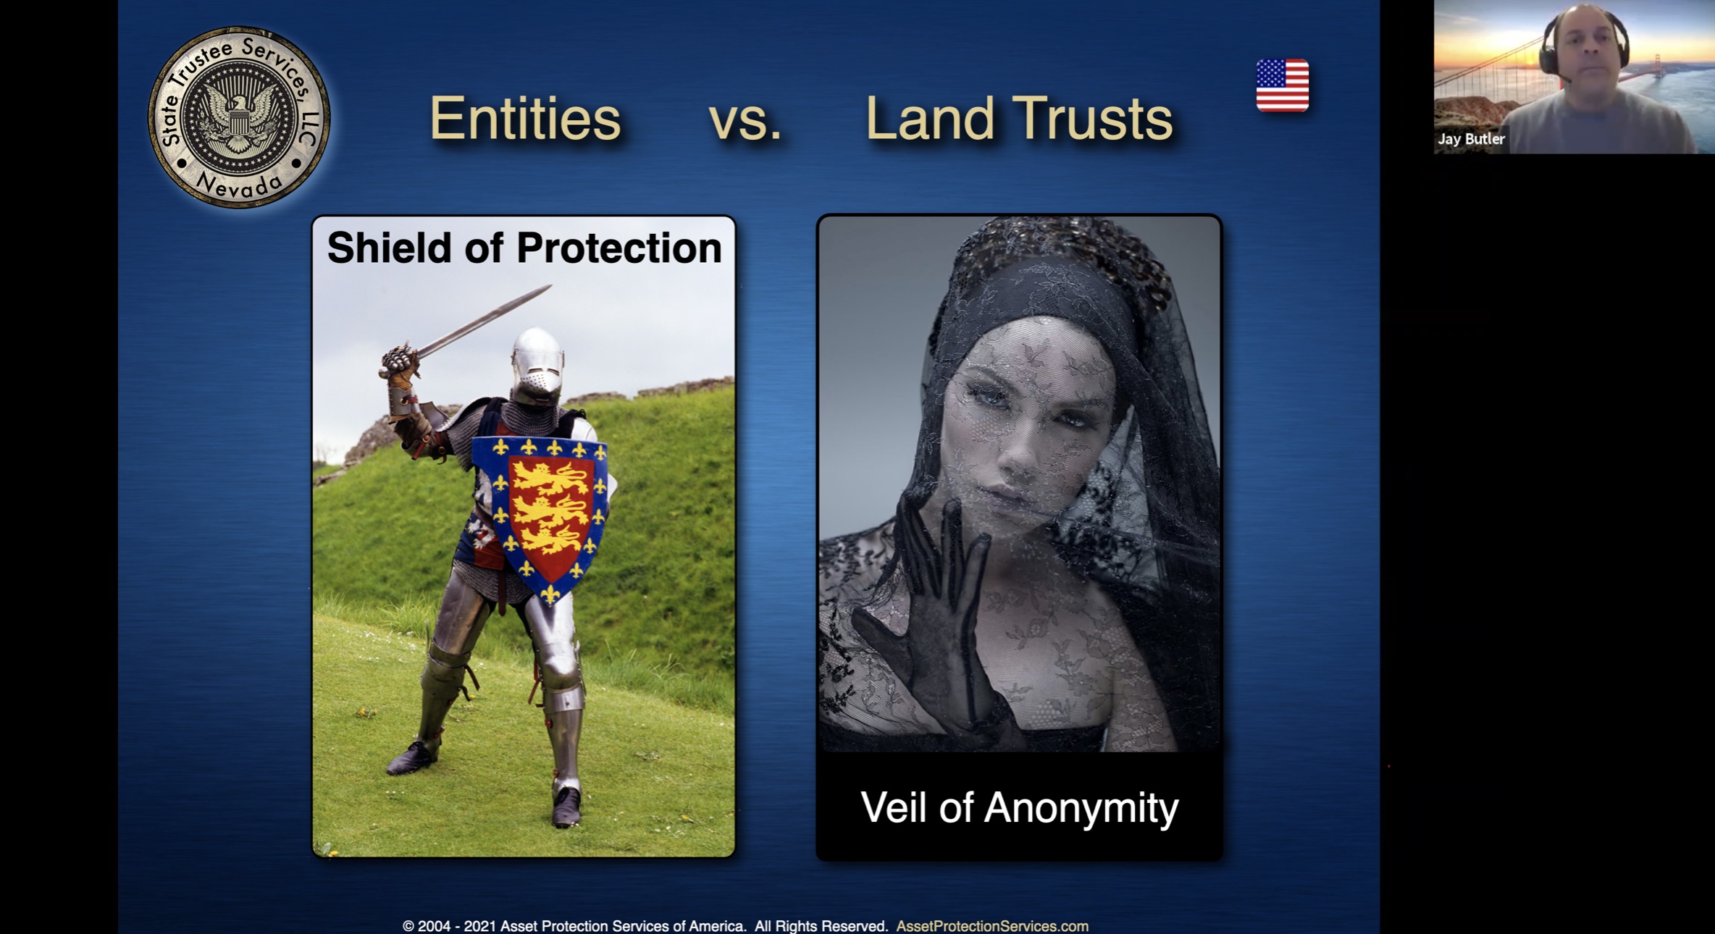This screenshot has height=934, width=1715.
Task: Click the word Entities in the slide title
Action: pos(525,118)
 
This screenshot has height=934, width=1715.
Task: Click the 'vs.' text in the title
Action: pos(745,121)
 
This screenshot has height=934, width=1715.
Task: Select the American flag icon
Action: pos(1283,85)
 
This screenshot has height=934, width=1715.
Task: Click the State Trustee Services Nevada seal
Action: pos(239,117)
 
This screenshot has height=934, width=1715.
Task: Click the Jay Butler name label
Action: pos(1471,139)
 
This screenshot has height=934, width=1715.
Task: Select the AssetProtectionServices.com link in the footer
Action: pos(992,926)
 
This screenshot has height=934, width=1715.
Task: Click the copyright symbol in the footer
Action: pos(408,926)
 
